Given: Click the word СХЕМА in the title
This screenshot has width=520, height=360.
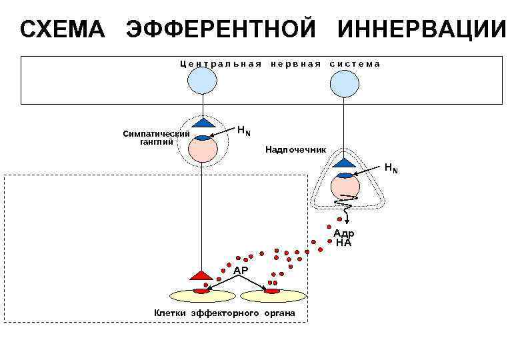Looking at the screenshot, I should coord(62,30).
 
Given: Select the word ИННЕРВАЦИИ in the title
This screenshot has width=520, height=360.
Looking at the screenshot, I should coord(421,30).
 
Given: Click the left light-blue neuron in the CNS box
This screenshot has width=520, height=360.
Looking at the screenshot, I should coord(201,80).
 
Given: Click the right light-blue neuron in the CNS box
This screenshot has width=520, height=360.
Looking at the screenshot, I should coord(345,80).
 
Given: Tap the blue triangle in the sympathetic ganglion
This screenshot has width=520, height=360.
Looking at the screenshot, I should coord(202,123).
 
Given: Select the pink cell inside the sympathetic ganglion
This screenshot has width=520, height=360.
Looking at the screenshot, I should coord(202,148).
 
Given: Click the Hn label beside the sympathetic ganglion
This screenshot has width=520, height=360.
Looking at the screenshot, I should coord(244,129).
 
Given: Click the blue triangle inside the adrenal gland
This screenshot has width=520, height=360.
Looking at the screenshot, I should coord(345,163).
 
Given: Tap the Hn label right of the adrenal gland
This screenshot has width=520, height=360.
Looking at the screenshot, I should coord(391,168).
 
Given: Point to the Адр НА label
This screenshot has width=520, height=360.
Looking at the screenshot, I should coord(344,238).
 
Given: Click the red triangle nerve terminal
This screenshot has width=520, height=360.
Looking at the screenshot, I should coord(201,275).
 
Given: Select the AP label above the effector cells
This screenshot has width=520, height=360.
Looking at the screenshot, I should coord(241,270).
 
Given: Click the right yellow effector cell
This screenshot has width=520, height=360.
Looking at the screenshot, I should coord(273,295).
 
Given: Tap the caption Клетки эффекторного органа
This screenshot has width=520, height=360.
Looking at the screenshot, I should coord(225,313).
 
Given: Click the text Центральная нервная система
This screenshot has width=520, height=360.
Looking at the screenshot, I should coord(279,64).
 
